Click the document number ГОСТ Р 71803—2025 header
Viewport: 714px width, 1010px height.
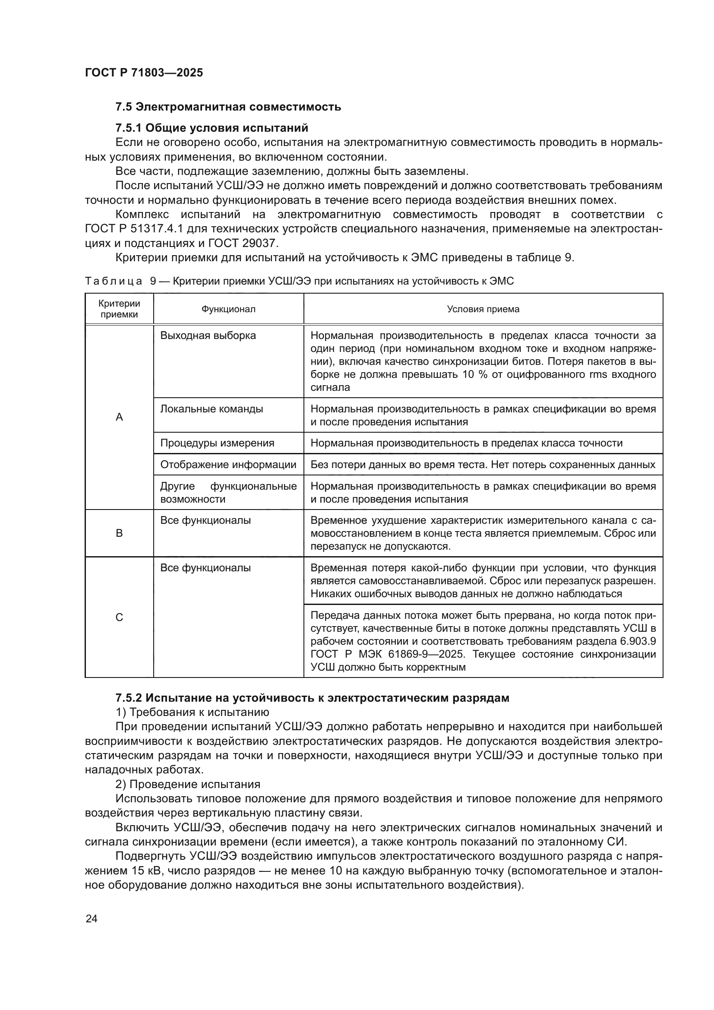[144, 73]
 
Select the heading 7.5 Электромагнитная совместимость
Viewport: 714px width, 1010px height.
[228, 107]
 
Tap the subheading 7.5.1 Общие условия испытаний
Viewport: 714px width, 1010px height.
[212, 128]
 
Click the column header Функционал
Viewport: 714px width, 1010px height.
[228, 309]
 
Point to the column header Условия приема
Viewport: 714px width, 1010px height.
[483, 309]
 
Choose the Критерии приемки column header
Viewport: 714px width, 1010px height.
[119, 309]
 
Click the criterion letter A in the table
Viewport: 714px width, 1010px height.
[119, 417]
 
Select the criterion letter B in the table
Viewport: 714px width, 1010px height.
[119, 533]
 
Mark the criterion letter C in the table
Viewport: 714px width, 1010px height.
[119, 617]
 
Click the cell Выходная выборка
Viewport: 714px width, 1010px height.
[208, 336]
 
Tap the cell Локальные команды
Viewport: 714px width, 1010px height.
[212, 409]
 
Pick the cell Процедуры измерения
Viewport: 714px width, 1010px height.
[217, 443]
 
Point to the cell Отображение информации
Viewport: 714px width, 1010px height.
[228, 465]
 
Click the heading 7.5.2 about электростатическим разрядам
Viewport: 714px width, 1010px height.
[312, 698]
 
